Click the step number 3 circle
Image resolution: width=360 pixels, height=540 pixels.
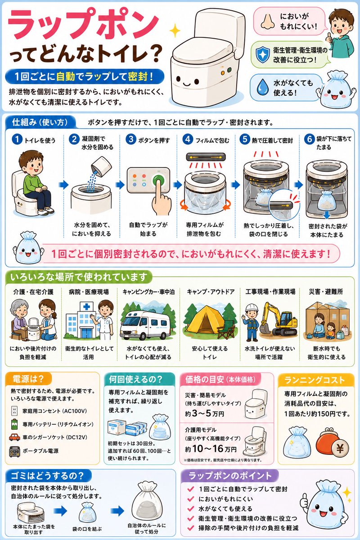[131, 139]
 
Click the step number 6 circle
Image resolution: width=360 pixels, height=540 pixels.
[309, 139]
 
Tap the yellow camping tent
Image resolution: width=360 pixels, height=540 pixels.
[204, 323]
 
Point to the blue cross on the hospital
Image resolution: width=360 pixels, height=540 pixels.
[86, 306]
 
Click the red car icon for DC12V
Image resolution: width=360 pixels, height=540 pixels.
[14, 437]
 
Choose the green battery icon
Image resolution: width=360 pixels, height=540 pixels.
[14, 424]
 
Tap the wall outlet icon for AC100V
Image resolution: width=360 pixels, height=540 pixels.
[14, 411]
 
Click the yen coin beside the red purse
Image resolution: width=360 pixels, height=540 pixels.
[340, 448]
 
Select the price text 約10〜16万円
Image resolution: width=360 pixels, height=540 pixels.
[211, 449]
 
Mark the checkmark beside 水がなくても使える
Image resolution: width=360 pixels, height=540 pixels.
[190, 508]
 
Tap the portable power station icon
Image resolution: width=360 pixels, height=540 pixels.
[14, 451]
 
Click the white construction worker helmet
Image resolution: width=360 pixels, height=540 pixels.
[252, 308]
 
